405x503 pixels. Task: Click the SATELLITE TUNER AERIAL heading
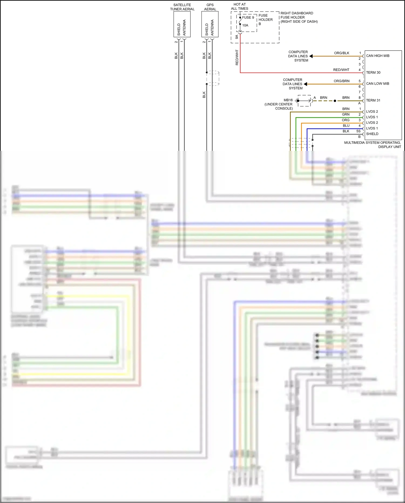tap(182, 7)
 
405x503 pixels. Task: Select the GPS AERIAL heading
tap(210, 7)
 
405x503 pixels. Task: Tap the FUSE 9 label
tap(248, 18)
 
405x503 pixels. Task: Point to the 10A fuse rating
tap(245, 25)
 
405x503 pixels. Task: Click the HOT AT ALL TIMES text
tap(239, 6)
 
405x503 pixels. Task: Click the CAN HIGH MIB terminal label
tap(377, 56)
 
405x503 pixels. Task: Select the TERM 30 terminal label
tap(373, 73)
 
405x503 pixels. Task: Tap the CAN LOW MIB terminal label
tap(377, 84)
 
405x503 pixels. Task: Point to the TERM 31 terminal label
tap(373, 101)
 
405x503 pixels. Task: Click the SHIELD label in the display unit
tap(372, 134)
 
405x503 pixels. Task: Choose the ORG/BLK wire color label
tap(342, 53)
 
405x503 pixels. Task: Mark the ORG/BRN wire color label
tap(341, 81)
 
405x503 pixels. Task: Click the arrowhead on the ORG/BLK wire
tap(311, 56)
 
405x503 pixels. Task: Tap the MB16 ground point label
tap(288, 100)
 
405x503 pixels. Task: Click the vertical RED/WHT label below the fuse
tap(237, 57)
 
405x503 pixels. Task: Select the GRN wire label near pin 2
tap(346, 115)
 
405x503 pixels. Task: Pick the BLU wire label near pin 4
tap(346, 126)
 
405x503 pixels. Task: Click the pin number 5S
tap(358, 131)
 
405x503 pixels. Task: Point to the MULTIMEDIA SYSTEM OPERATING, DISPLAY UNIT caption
tap(372, 145)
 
